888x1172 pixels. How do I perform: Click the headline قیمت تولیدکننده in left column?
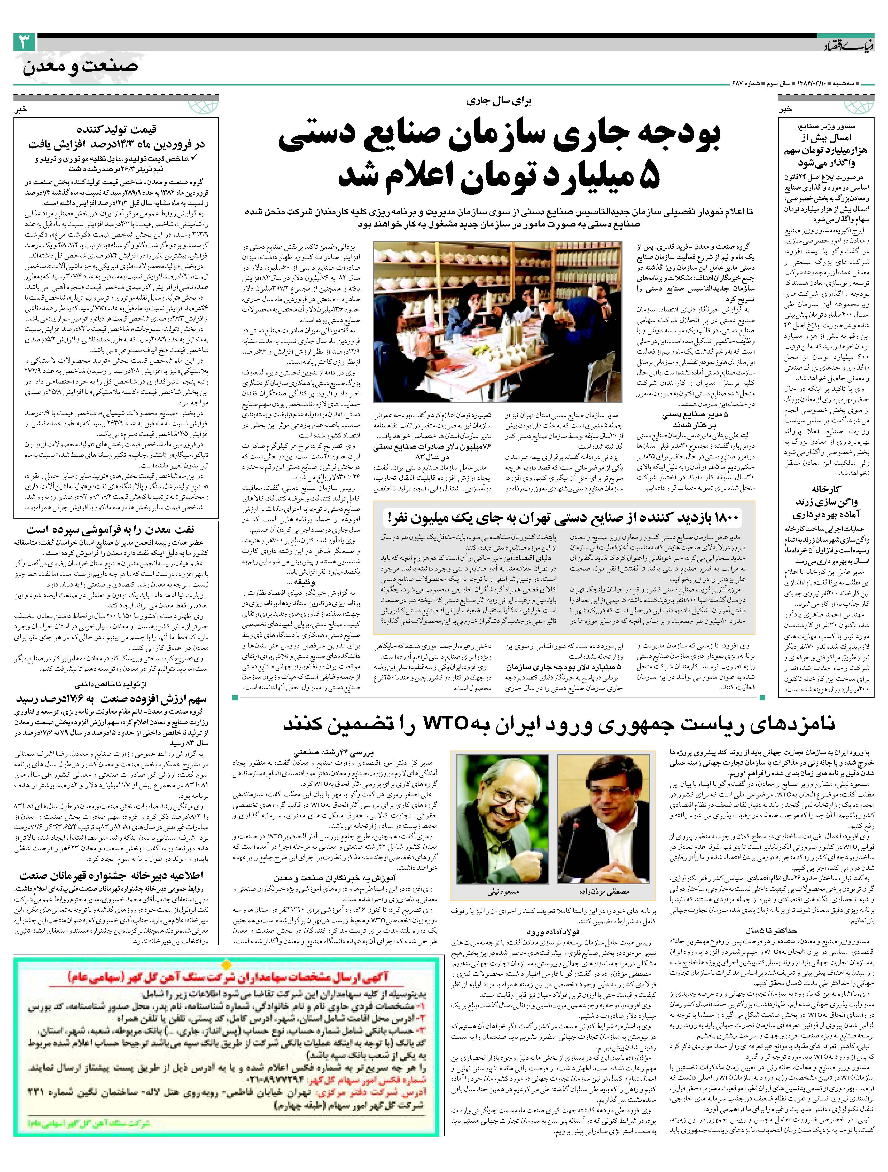[x=116, y=129]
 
